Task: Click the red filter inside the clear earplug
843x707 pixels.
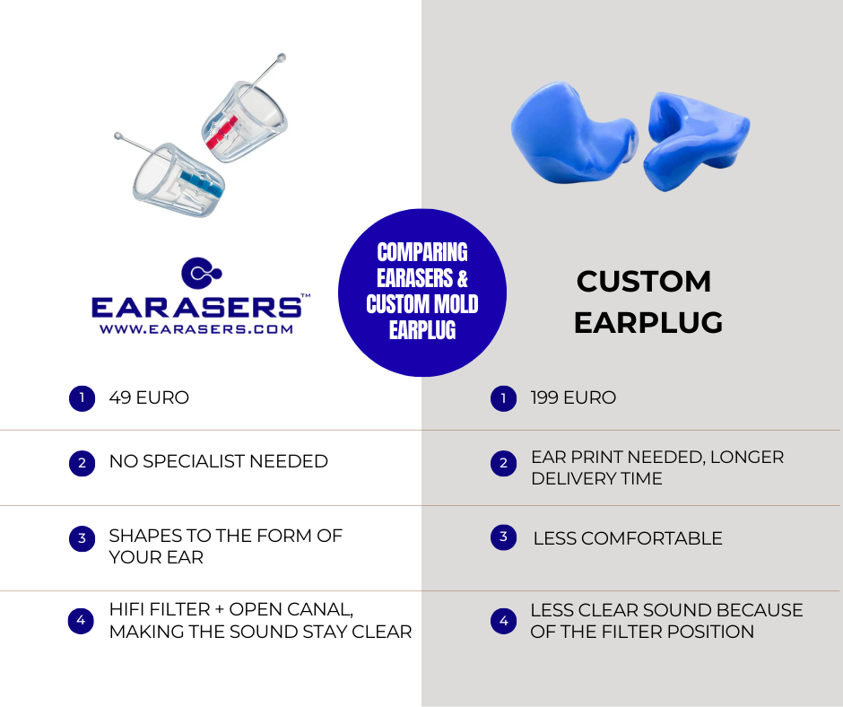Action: click(x=222, y=132)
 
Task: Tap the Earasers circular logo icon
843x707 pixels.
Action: click(x=201, y=273)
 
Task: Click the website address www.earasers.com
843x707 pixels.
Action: click(x=196, y=329)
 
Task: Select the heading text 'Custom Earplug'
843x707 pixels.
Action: click(x=647, y=301)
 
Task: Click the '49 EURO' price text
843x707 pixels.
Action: click(x=149, y=397)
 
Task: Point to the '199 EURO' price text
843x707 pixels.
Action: click(x=573, y=397)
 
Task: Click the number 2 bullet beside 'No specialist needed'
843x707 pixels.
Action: click(x=82, y=463)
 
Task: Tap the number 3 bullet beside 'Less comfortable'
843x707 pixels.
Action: click(x=503, y=537)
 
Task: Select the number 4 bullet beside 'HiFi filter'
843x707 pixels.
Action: click(x=82, y=620)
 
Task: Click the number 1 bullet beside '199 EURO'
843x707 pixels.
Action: click(x=503, y=398)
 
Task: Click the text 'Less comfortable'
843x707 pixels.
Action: click(x=628, y=538)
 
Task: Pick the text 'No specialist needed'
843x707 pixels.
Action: click(x=218, y=461)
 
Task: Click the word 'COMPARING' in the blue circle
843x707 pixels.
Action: click(x=422, y=252)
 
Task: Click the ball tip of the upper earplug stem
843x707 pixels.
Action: click(x=281, y=57)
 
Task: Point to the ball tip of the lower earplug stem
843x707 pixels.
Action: click(x=118, y=136)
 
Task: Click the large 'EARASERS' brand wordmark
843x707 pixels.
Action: click(x=196, y=307)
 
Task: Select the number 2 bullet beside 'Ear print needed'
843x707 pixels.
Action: click(x=503, y=463)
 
